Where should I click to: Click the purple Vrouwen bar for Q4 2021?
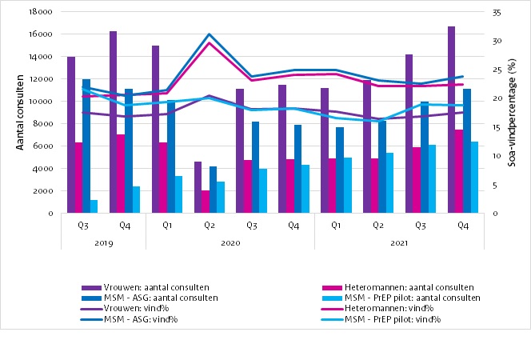pyautogui.click(x=451, y=120)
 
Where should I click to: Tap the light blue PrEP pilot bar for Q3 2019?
pyautogui.click(x=94, y=206)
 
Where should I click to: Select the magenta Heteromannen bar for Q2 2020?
pyautogui.click(x=206, y=202)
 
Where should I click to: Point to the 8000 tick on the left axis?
pyautogui.click(x=43, y=124)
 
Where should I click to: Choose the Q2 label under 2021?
pyautogui.click(x=377, y=226)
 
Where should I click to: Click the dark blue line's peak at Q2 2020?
pyautogui.click(x=209, y=34)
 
